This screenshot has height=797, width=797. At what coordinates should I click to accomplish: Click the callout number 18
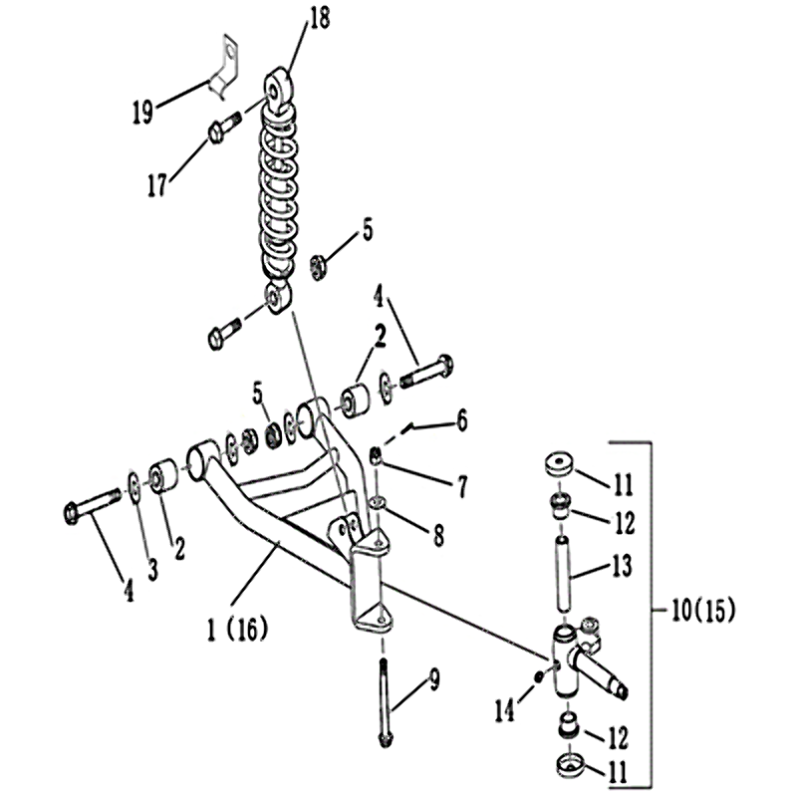tap(318, 19)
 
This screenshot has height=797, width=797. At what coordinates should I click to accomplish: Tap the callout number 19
tap(142, 112)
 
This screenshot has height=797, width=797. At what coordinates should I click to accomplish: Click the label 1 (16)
tap(237, 630)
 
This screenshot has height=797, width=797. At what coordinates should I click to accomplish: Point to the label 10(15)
tap(703, 611)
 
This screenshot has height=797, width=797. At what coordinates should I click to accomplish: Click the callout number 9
tap(433, 679)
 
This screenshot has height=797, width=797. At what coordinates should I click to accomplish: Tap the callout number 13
tap(621, 565)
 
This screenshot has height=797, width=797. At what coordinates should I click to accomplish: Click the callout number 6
tap(461, 421)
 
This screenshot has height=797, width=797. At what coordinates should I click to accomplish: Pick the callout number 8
tap(438, 535)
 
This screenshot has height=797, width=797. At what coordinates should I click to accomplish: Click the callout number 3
tap(152, 569)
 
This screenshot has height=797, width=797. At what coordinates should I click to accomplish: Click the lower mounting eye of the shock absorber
tap(278, 297)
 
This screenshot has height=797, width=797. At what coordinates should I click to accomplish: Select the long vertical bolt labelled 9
tap(385, 701)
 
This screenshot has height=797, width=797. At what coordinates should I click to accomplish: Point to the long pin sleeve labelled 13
tap(562, 571)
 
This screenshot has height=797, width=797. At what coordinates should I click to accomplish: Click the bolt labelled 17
tap(225, 129)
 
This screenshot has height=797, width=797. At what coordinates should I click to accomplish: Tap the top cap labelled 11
tap(559, 463)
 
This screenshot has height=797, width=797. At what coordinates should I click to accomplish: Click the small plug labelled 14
tap(540, 677)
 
